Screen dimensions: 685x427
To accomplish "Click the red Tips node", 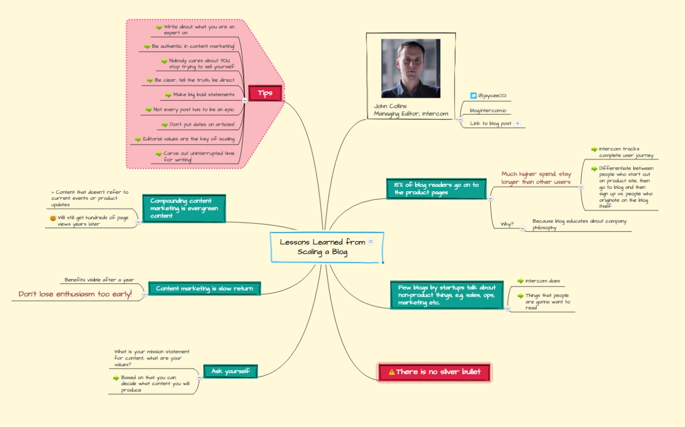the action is point(265,93).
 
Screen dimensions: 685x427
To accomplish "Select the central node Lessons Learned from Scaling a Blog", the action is point(327,247).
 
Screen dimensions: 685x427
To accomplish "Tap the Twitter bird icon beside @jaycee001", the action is point(473,96).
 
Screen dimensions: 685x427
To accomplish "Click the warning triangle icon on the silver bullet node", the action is point(392,372).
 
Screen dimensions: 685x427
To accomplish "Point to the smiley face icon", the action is point(53,218).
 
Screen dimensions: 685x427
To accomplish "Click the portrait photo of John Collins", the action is point(411,68).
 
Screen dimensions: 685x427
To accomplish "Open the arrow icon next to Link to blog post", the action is point(517,123).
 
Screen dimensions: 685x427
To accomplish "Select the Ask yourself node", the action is point(231,371).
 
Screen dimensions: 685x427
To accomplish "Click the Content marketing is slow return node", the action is point(204,289).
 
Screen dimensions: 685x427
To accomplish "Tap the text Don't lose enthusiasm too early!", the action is point(75,294).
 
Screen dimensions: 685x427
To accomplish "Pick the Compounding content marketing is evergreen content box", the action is point(184,208).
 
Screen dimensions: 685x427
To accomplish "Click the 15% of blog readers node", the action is point(436,189).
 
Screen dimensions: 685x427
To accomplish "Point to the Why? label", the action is point(507,224).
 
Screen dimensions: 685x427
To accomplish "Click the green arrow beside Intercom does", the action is point(520,281).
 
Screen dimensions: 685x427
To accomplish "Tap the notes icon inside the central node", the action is point(370,242).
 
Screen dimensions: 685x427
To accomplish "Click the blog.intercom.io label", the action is point(488,110).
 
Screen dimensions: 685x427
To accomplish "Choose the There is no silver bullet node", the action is point(434,372).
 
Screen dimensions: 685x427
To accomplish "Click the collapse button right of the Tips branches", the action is point(245,100).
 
